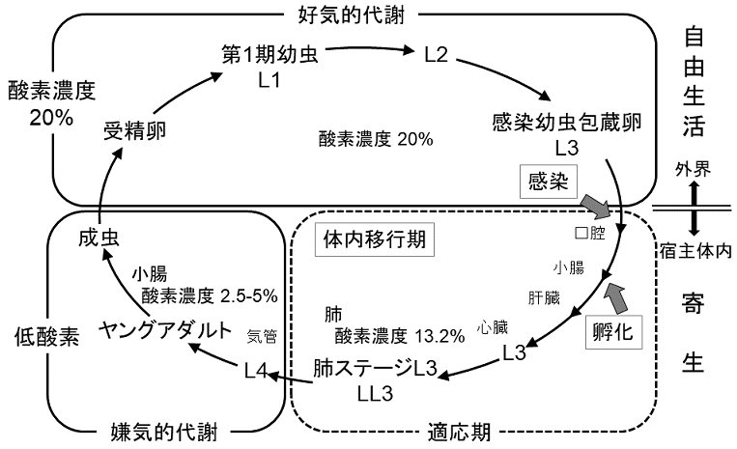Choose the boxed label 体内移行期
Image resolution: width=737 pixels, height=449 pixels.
pyautogui.click(x=376, y=237)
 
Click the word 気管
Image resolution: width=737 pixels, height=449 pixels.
pyautogui.click(x=263, y=336)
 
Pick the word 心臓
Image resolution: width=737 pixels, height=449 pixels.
pyautogui.click(x=492, y=327)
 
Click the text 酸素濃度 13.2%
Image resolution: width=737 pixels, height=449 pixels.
pyautogui.click(x=386, y=336)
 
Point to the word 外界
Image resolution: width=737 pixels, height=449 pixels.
pyautogui.click(x=694, y=170)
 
